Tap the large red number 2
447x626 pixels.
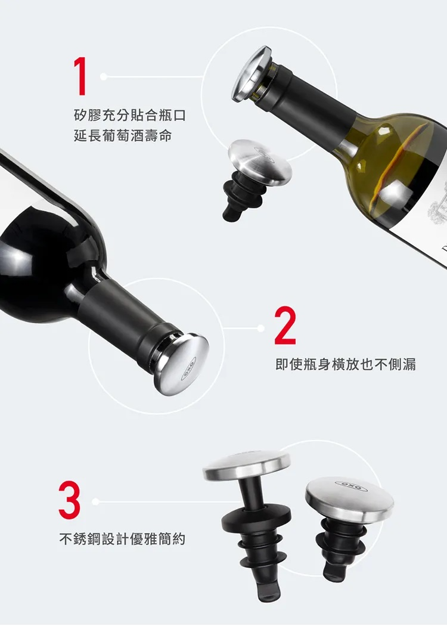285,326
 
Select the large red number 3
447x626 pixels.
70,500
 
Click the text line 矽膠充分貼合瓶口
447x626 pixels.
130,116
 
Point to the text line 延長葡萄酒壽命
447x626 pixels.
123,136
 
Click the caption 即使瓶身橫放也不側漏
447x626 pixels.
346,364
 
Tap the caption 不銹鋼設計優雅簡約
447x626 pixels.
122,539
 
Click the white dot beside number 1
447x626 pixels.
103,76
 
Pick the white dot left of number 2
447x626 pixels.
261,328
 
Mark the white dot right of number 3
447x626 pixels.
95,501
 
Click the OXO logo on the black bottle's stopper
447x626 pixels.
189,368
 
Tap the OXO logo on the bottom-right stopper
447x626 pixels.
351,486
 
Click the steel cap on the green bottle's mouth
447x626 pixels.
251,75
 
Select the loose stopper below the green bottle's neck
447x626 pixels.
257,178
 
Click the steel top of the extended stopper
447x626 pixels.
247,466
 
